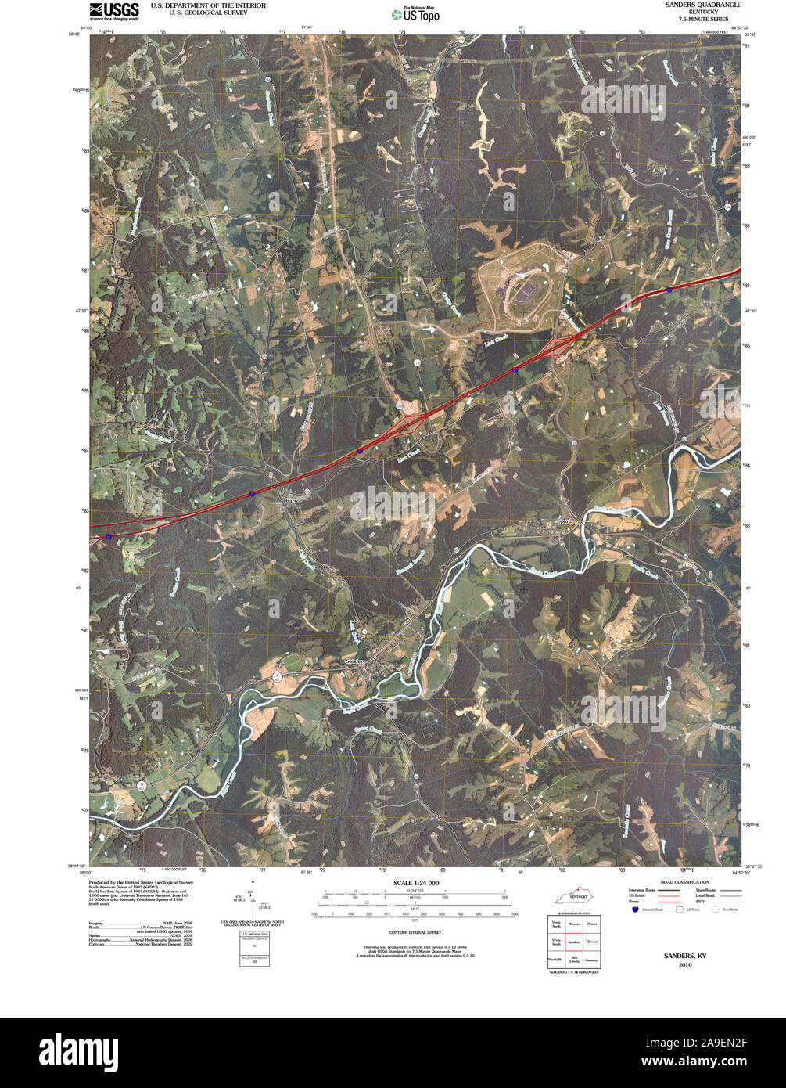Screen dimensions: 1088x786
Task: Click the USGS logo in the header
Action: (114, 10)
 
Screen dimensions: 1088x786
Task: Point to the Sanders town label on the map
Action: (356, 662)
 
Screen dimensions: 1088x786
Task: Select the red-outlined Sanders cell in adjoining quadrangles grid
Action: (574, 942)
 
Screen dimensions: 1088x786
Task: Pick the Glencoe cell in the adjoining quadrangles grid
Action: (592, 942)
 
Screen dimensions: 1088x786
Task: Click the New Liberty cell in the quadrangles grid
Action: (574, 959)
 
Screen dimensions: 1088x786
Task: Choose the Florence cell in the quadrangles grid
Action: (574, 924)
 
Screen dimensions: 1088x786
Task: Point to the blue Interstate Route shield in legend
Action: (634, 910)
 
